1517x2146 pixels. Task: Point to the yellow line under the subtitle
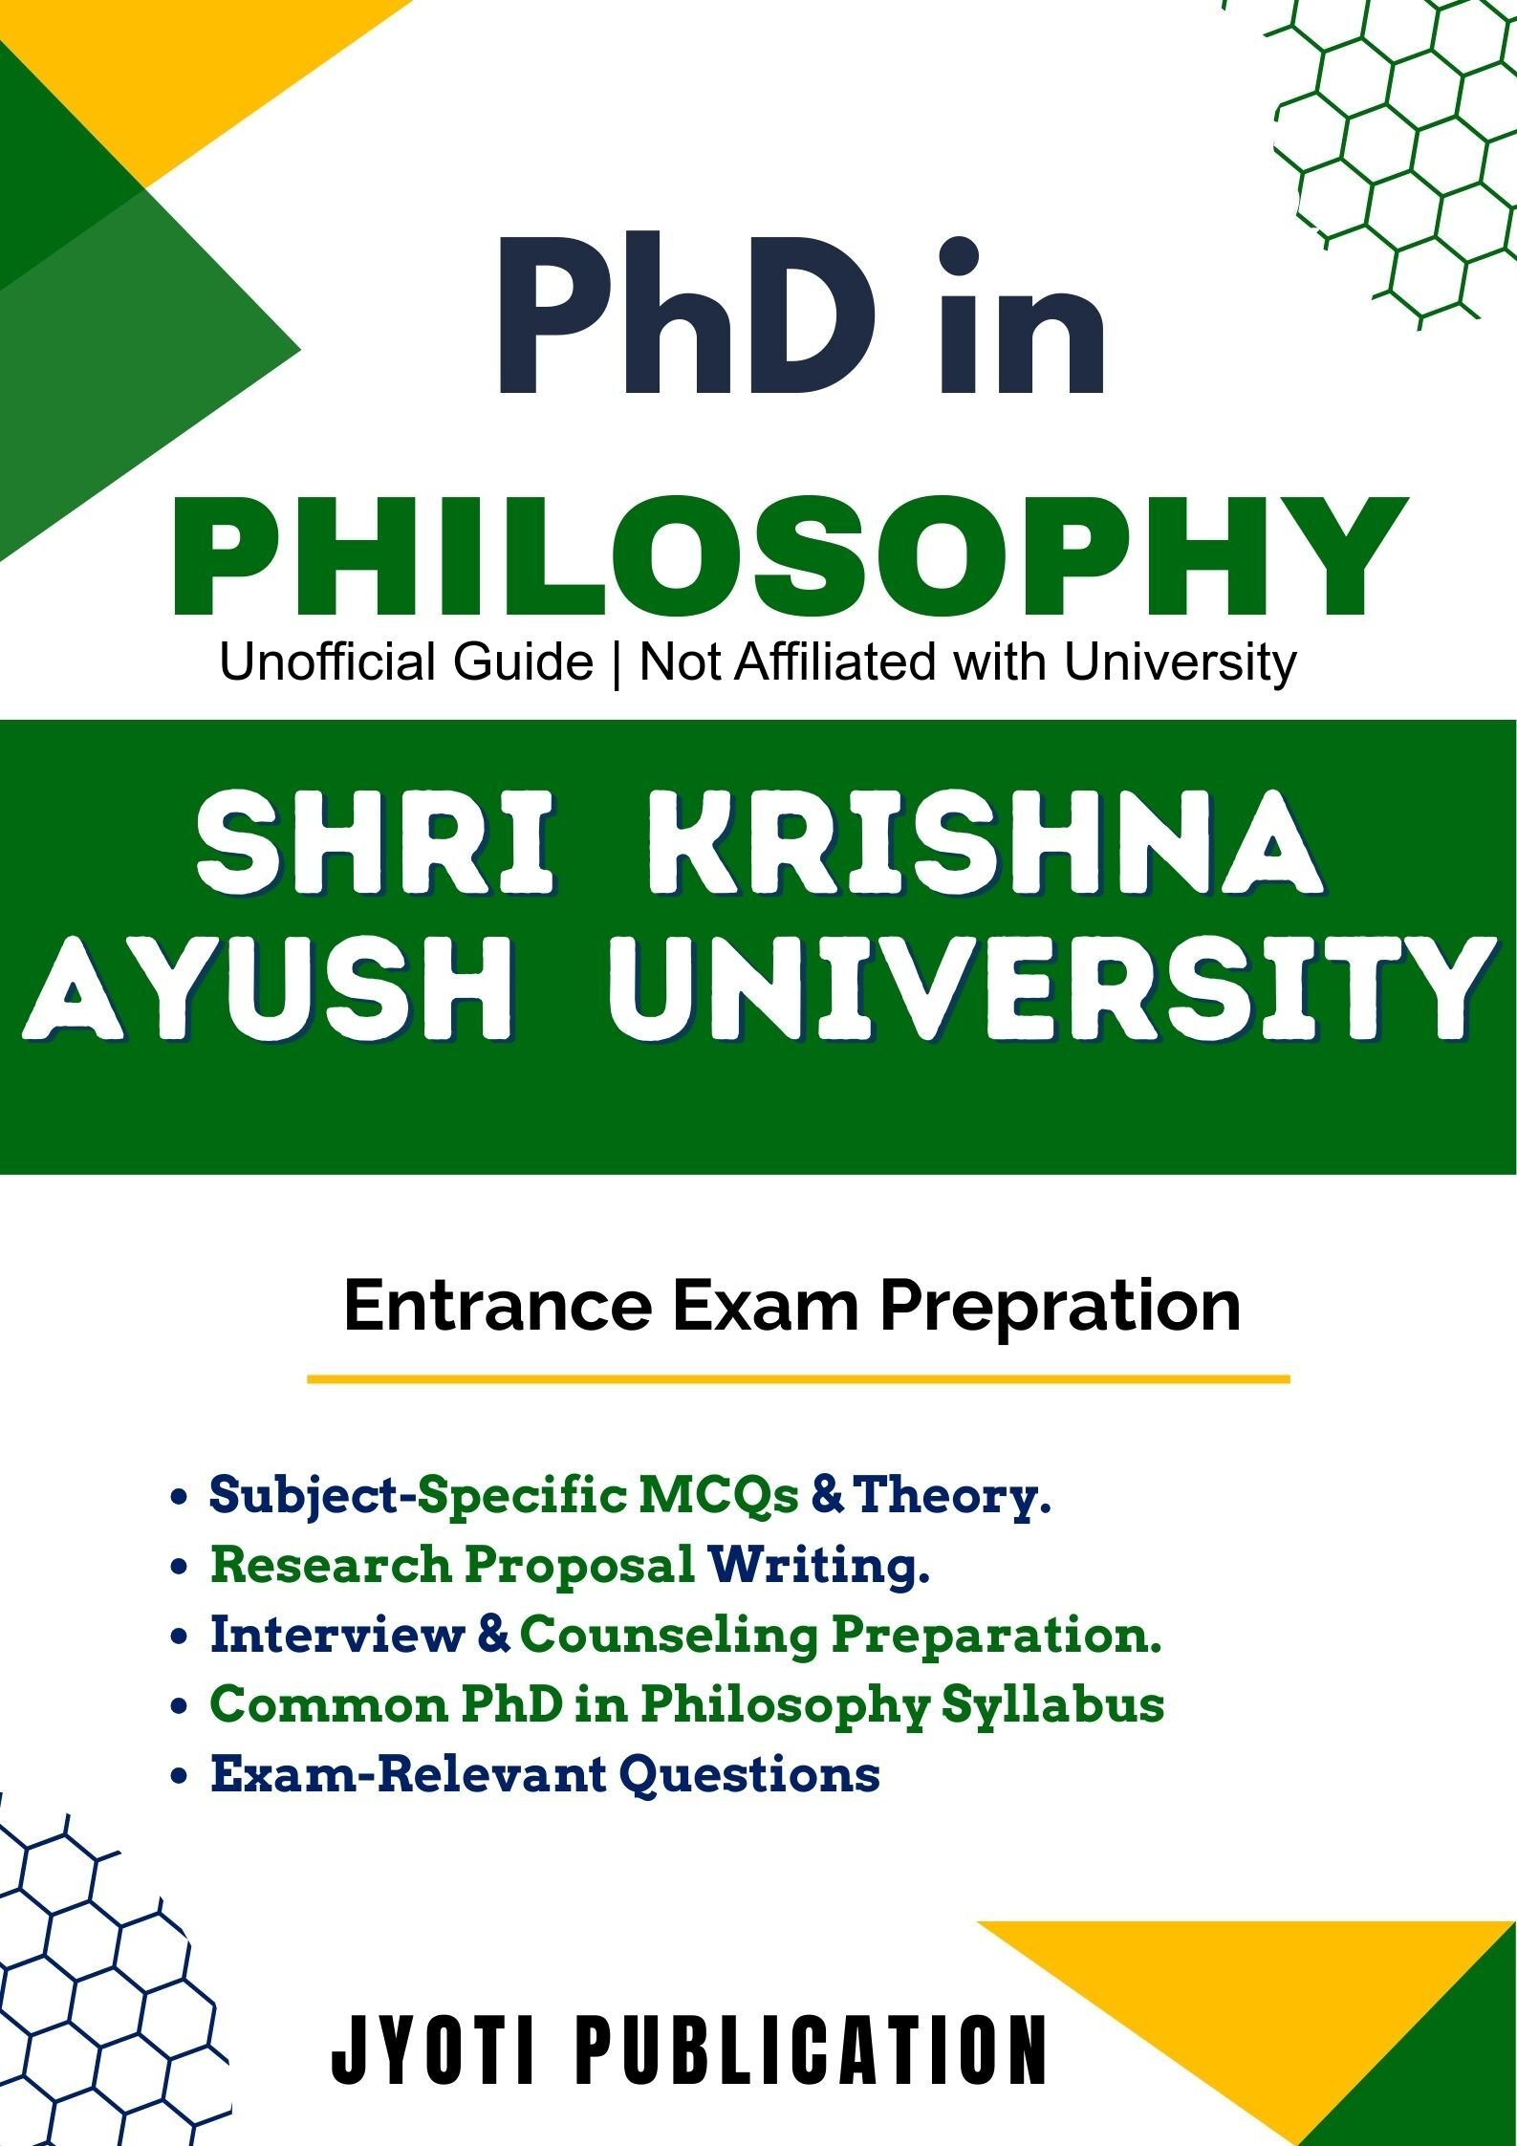pyautogui.click(x=798, y=1379)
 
